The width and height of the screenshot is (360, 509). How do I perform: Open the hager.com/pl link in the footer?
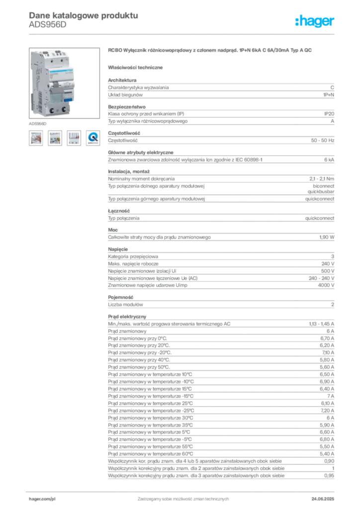click(x=42, y=497)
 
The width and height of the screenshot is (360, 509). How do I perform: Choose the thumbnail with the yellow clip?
click(x=54, y=138)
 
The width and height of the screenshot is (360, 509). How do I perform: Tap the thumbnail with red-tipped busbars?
click(x=74, y=138)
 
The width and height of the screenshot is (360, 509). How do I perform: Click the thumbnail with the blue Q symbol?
click(x=93, y=138)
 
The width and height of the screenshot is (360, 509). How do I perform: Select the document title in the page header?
click(x=82, y=15)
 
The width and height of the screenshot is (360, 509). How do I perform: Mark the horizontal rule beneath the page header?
click(x=182, y=34)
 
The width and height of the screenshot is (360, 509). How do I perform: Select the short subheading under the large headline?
click(x=137, y=67)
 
